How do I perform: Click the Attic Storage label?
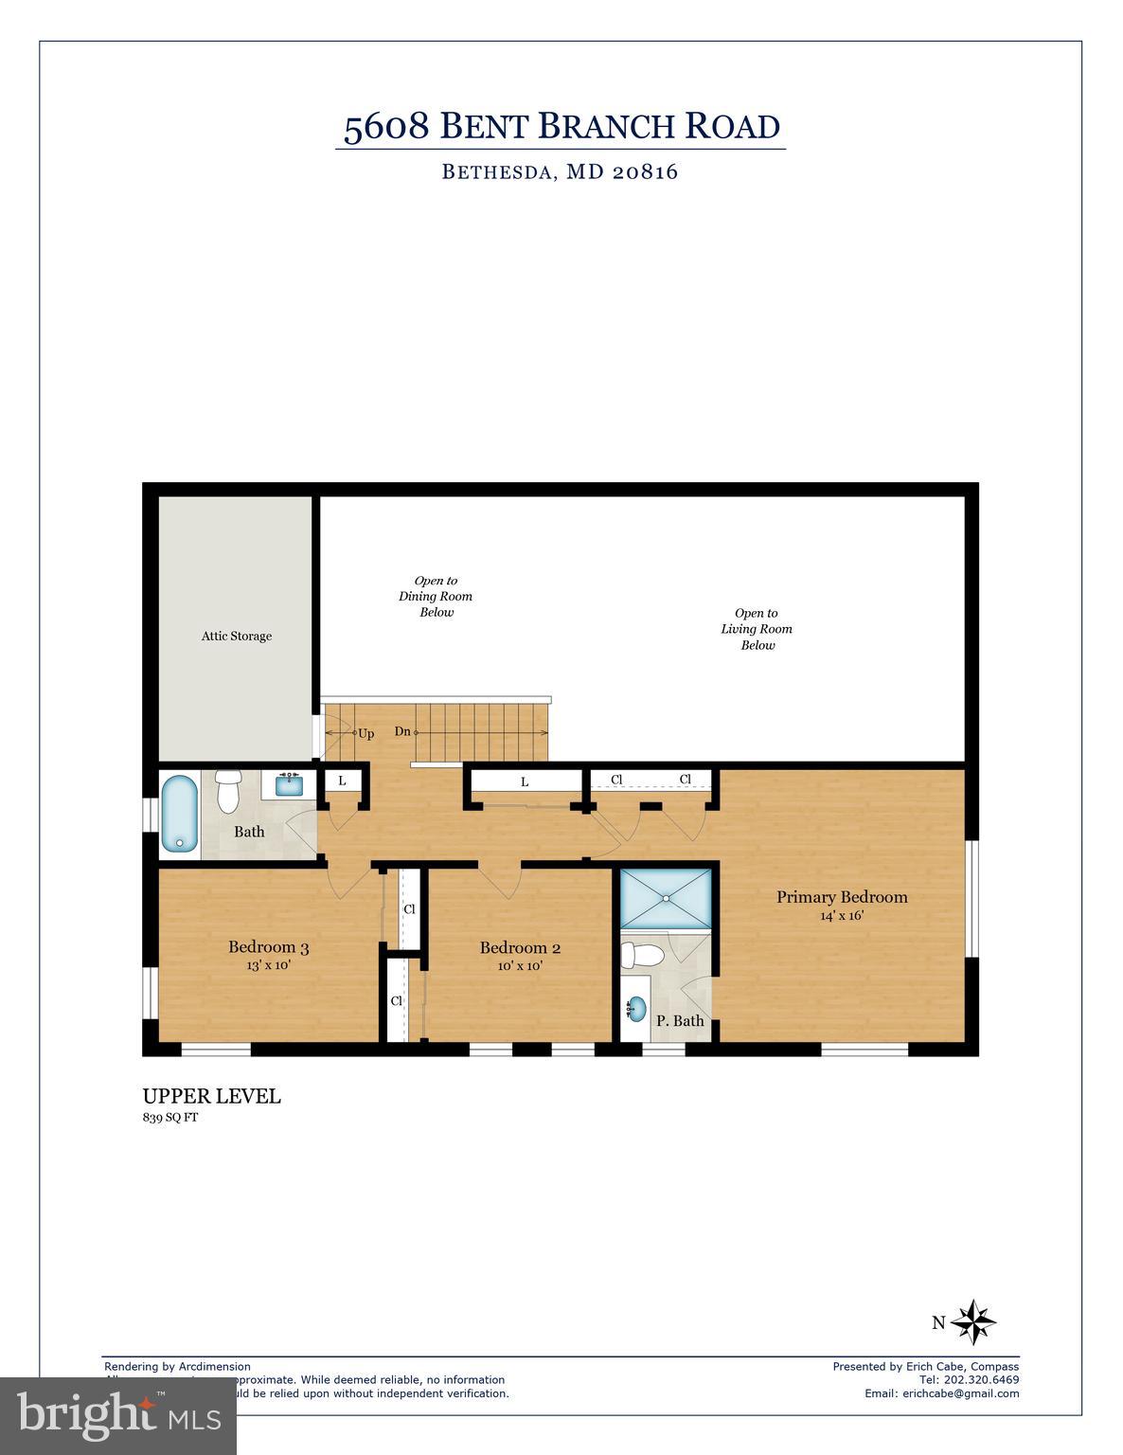pos(236,636)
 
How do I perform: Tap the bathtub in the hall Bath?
pos(179,814)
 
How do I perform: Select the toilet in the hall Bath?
pos(227,792)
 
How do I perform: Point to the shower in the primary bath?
pos(665,897)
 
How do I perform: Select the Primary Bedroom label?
pos(842,897)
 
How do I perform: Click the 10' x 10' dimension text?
pos(520,966)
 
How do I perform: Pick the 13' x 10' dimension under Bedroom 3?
pos(268,965)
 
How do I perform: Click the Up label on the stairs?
pos(365,732)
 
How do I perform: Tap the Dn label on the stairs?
pos(402,731)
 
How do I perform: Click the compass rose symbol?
pos(973,1321)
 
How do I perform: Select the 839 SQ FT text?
pos(170,1118)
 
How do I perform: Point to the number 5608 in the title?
pos(385,127)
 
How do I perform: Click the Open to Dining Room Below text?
pos(436,596)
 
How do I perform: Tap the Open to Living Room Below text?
pos(757,629)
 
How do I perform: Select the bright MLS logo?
pos(118,1415)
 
